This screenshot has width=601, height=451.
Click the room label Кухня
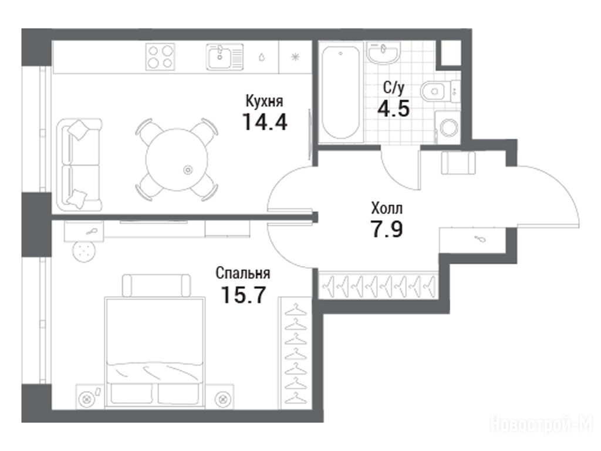pyautogui.click(x=264, y=101)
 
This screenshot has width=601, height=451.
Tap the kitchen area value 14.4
pyautogui.click(x=265, y=122)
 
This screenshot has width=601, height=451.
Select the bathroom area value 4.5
pyautogui.click(x=394, y=108)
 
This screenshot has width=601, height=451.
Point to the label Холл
pyautogui.click(x=387, y=208)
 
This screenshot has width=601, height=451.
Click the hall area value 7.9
pyautogui.click(x=386, y=229)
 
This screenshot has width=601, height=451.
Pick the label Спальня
pyautogui.click(x=242, y=273)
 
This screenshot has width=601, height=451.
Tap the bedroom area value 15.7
pyautogui.click(x=244, y=295)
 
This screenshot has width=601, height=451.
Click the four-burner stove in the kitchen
pyautogui.click(x=160, y=57)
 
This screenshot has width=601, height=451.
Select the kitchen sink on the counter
pyautogui.click(x=225, y=57)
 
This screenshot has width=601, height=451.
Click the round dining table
pyautogui.click(x=177, y=160)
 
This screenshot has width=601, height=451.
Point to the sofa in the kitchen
pyautogui.click(x=79, y=164)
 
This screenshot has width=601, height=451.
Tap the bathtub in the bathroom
pyautogui.click(x=341, y=92)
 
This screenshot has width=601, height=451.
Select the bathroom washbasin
pyautogui.click(x=384, y=52)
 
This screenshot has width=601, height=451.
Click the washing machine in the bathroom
pyautogui.click(x=447, y=127)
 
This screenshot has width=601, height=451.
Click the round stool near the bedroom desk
pyautogui.click(x=84, y=251)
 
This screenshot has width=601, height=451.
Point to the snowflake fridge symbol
pyautogui.click(x=295, y=57)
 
